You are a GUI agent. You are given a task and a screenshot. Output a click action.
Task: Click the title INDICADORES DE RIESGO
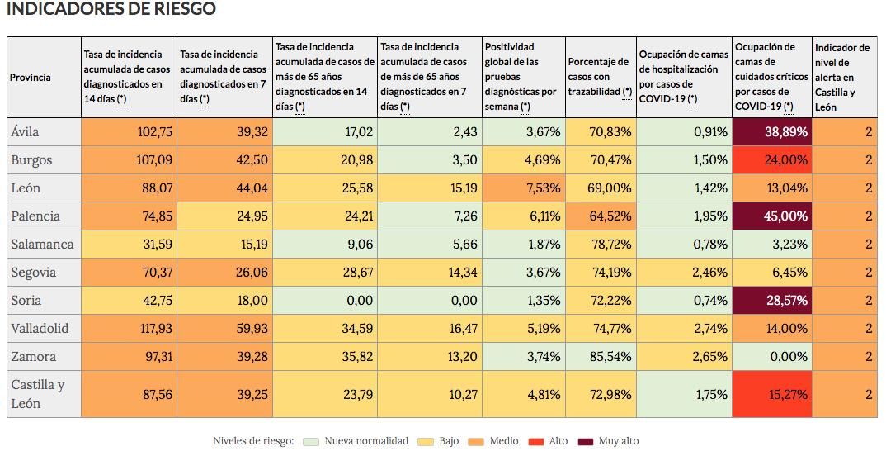coord(111,9)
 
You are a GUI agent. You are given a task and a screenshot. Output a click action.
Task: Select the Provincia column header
coord(31,78)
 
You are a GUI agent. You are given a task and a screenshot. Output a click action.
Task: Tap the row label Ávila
coord(25,132)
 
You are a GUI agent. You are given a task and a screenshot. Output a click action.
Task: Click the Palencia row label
coord(35,216)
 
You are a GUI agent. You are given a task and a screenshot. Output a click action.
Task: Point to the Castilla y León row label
coord(37,394)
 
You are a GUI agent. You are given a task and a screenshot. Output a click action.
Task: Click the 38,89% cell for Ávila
coord(772,132)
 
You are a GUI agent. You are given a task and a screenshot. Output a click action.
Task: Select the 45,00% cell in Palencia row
coord(772,216)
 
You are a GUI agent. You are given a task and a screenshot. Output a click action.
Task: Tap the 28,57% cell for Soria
coord(772,301)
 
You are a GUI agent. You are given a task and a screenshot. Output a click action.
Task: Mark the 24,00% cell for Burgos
coord(772,160)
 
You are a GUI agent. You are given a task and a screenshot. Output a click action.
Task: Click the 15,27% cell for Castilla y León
coord(772,394)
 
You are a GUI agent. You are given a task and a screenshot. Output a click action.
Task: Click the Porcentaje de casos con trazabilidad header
coord(600,77)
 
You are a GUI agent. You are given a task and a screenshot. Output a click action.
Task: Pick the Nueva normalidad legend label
coord(366,441)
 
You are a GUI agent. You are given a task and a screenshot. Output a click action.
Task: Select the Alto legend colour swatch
coord(537,441)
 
